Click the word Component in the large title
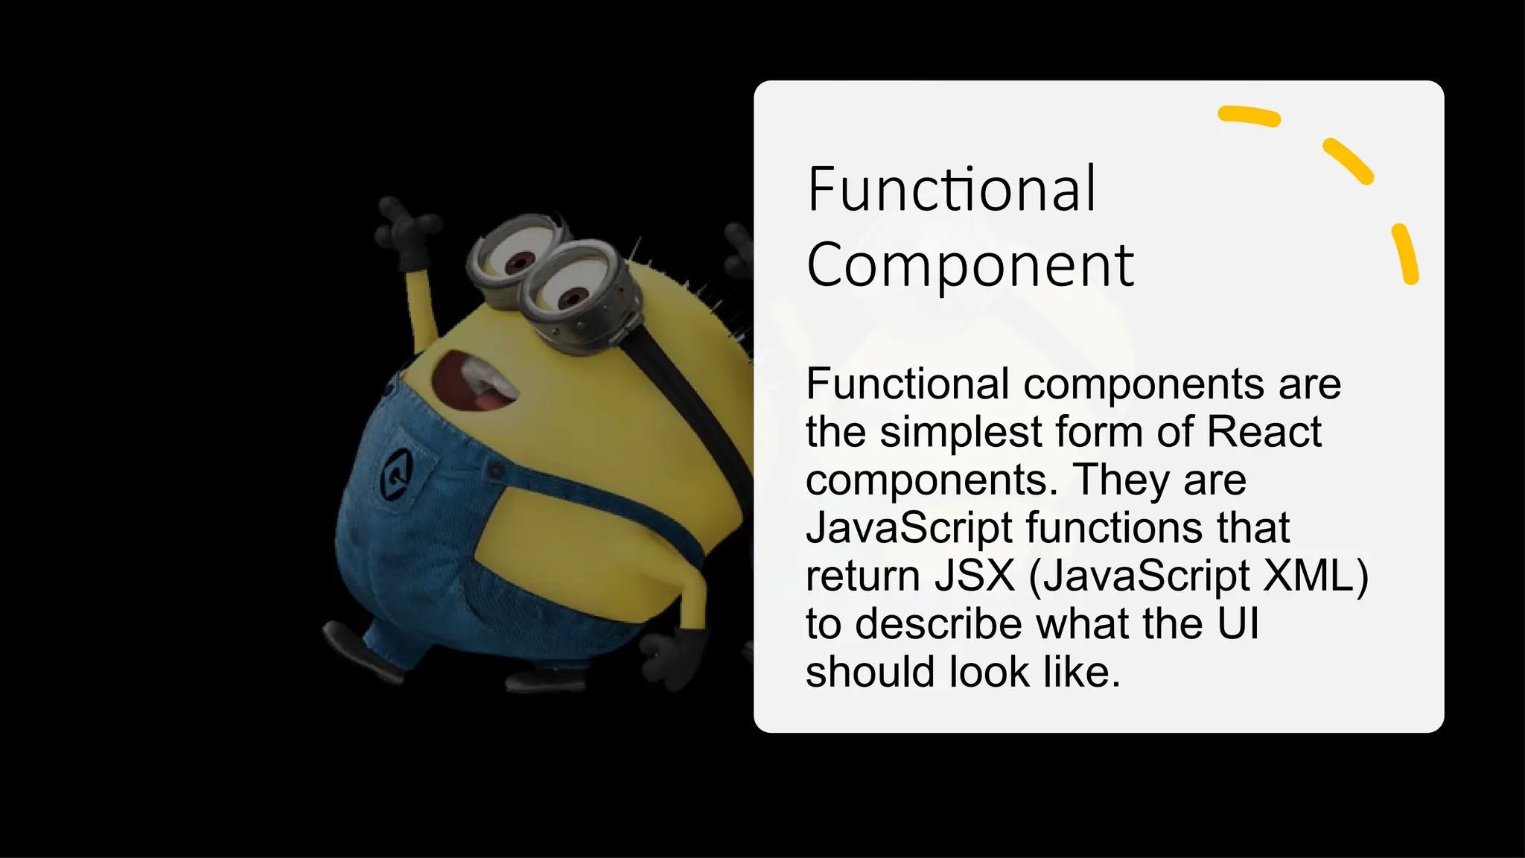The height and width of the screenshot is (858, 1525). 970,266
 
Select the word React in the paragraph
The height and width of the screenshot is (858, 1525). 1264,432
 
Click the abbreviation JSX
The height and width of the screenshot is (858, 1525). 975,576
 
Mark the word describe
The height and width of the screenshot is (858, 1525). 939,624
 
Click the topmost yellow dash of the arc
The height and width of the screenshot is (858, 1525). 1249,116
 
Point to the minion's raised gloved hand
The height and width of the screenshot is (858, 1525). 406,227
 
